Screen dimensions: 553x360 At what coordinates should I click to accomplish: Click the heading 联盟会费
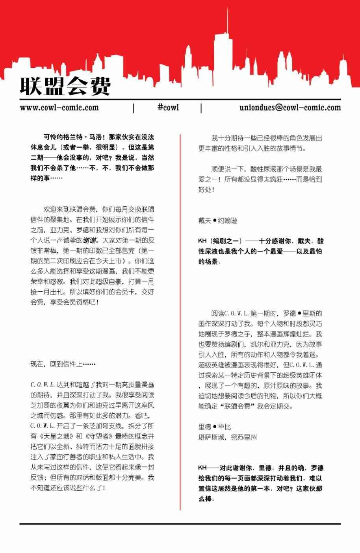(x=65, y=85)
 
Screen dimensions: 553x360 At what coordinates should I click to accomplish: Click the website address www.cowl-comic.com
(x=59, y=107)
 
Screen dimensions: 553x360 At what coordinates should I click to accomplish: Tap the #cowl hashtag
(x=168, y=107)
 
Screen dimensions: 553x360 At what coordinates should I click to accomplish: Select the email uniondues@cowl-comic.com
(x=290, y=107)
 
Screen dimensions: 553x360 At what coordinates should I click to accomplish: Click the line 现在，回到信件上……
(x=63, y=364)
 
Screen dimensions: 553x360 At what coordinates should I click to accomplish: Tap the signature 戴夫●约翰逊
(x=218, y=221)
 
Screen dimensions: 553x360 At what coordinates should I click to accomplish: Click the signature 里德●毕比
(x=215, y=427)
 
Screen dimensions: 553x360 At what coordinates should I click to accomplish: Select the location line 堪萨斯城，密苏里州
(x=227, y=437)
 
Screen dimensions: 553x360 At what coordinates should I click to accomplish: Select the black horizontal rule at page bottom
(x=180, y=524)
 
